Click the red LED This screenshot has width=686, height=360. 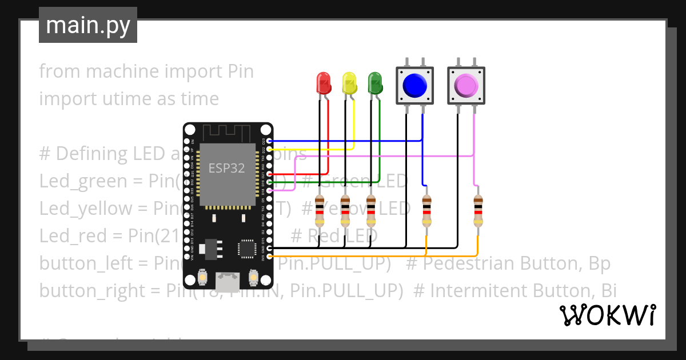tap(324, 83)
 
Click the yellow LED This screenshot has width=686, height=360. tap(349, 83)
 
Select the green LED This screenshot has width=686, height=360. tap(374, 83)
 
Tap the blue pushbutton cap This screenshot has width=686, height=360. tap(414, 86)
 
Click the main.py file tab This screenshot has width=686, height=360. tap(87, 25)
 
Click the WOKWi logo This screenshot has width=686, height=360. tap(607, 315)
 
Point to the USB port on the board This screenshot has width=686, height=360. tap(228, 281)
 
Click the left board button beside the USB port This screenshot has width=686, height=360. tap(202, 278)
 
